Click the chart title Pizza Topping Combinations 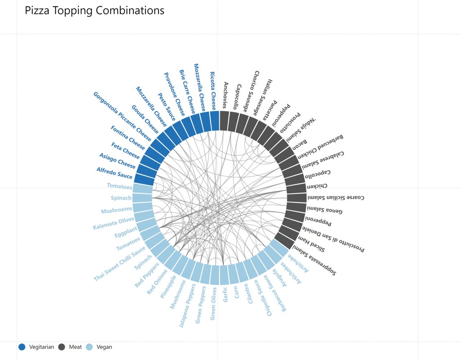(95, 11)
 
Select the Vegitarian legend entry (37, 347)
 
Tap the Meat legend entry (70, 347)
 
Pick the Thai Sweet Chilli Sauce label (120, 263)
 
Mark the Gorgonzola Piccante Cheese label (122, 116)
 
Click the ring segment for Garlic (224, 275)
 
